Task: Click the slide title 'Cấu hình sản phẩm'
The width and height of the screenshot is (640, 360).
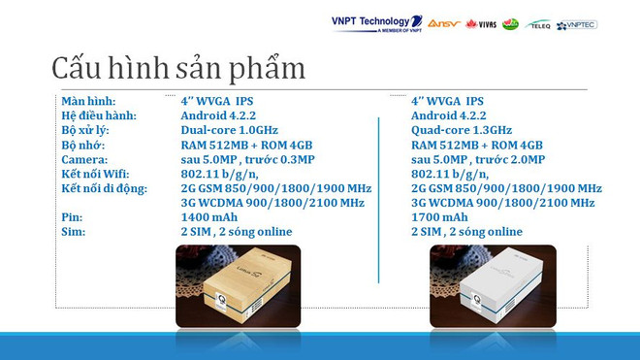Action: coord(178,68)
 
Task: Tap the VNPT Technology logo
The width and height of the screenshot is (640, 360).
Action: coord(376,22)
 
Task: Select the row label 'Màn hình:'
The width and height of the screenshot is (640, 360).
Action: coord(88,101)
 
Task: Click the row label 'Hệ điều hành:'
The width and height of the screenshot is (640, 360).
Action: coord(99,115)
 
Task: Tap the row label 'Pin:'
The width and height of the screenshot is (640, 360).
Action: coord(73,217)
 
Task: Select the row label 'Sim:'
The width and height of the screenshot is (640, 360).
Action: coord(74,232)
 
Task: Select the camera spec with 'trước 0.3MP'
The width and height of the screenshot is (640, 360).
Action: coord(247,159)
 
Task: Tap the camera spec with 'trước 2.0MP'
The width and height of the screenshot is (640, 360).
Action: coord(478,159)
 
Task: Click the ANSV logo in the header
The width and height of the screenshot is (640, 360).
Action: coord(444,22)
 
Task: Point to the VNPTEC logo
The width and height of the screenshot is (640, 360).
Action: coord(576,23)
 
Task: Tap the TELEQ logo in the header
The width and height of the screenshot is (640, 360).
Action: coord(537,23)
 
